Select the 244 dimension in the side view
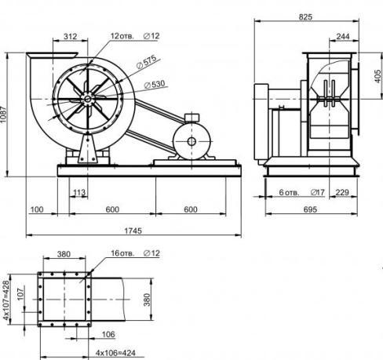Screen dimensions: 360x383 (342, 37)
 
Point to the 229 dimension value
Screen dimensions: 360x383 (341, 191)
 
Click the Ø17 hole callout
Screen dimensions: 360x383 (317, 191)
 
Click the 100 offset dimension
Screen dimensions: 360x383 (37, 209)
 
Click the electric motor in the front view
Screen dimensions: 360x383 (191, 141)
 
